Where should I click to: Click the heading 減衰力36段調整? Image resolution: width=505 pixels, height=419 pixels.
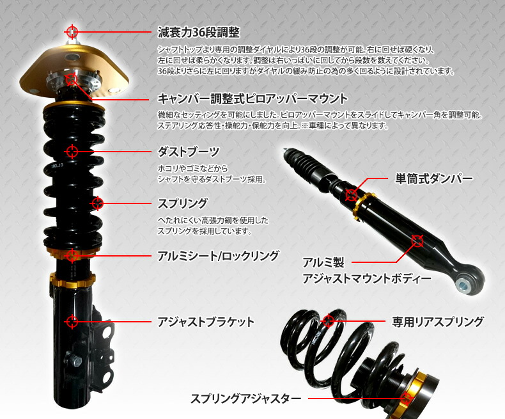(199, 32)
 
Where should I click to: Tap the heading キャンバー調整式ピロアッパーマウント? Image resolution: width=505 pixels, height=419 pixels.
(252, 99)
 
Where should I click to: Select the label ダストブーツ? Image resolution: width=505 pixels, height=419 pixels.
(189, 152)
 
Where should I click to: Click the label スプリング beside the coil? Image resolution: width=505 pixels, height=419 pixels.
(182, 203)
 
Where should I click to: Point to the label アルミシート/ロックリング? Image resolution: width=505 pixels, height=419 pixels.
(218, 256)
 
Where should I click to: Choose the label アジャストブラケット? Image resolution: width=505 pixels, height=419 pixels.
(206, 322)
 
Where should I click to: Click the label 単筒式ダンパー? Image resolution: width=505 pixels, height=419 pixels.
(433, 178)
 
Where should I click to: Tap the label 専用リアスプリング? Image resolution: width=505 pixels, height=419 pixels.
(438, 321)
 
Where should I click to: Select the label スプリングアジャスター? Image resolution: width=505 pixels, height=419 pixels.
(245, 399)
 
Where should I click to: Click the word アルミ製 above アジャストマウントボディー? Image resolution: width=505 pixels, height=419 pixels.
(323, 262)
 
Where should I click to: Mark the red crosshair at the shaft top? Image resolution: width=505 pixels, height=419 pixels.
(72, 31)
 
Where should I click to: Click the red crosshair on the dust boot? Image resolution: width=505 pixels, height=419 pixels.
(72, 152)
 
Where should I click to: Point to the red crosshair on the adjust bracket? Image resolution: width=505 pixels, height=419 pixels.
(72, 321)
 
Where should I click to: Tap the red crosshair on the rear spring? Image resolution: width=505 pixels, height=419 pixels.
(328, 320)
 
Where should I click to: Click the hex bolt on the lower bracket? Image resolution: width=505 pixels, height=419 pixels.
(74, 360)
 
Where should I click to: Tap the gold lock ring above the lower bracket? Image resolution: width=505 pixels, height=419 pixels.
(72, 280)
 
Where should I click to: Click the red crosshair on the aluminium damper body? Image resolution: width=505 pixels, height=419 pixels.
(417, 241)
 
